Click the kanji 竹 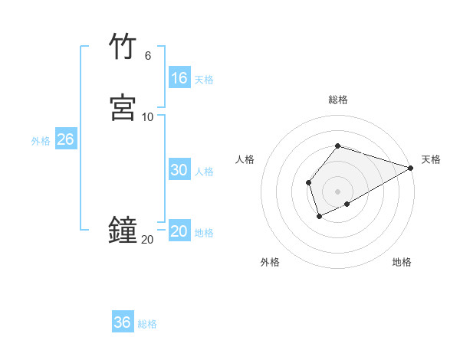pyautogui.click(x=123, y=46)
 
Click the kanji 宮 pyautogui.click(x=123, y=107)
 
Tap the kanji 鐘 pyautogui.click(x=123, y=231)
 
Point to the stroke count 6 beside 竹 pyautogui.click(x=147, y=55)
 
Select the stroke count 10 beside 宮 pyautogui.click(x=147, y=116)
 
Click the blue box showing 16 pyautogui.click(x=179, y=78)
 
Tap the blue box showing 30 pyautogui.click(x=179, y=170)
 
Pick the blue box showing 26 pyautogui.click(x=65, y=139)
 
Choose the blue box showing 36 pyautogui.click(x=123, y=322)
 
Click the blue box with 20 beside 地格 pyautogui.click(x=179, y=231)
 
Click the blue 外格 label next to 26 pyautogui.click(x=41, y=141)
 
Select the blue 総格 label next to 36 pyautogui.click(x=147, y=324)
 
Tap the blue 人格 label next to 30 pyautogui.click(x=204, y=172)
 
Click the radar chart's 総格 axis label pyautogui.click(x=337, y=100)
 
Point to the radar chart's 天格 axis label pyautogui.click(x=431, y=159)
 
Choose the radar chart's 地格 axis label pyautogui.click(x=402, y=262)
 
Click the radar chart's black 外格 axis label pyautogui.click(x=270, y=262)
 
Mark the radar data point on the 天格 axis pyautogui.click(x=411, y=168)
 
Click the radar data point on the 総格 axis pyautogui.click(x=337, y=146)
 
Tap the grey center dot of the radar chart pyautogui.click(x=337, y=191)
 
